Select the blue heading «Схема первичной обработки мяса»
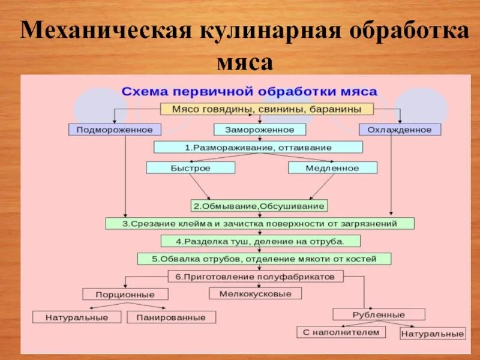(250, 92)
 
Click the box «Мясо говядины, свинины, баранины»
(266, 109)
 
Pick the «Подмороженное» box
(115, 129)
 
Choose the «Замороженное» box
(260, 129)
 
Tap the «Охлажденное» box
(400, 129)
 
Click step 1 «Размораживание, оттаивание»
(258, 147)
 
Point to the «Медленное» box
(332, 168)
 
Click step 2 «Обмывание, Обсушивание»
(259, 206)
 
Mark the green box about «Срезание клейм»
(260, 223)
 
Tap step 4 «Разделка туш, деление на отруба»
(260, 241)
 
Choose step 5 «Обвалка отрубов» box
(264, 259)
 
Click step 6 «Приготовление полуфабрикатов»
(256, 276)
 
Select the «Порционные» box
(125, 294)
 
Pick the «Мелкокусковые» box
(255, 293)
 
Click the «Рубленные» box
(379, 314)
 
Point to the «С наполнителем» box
(341, 332)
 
